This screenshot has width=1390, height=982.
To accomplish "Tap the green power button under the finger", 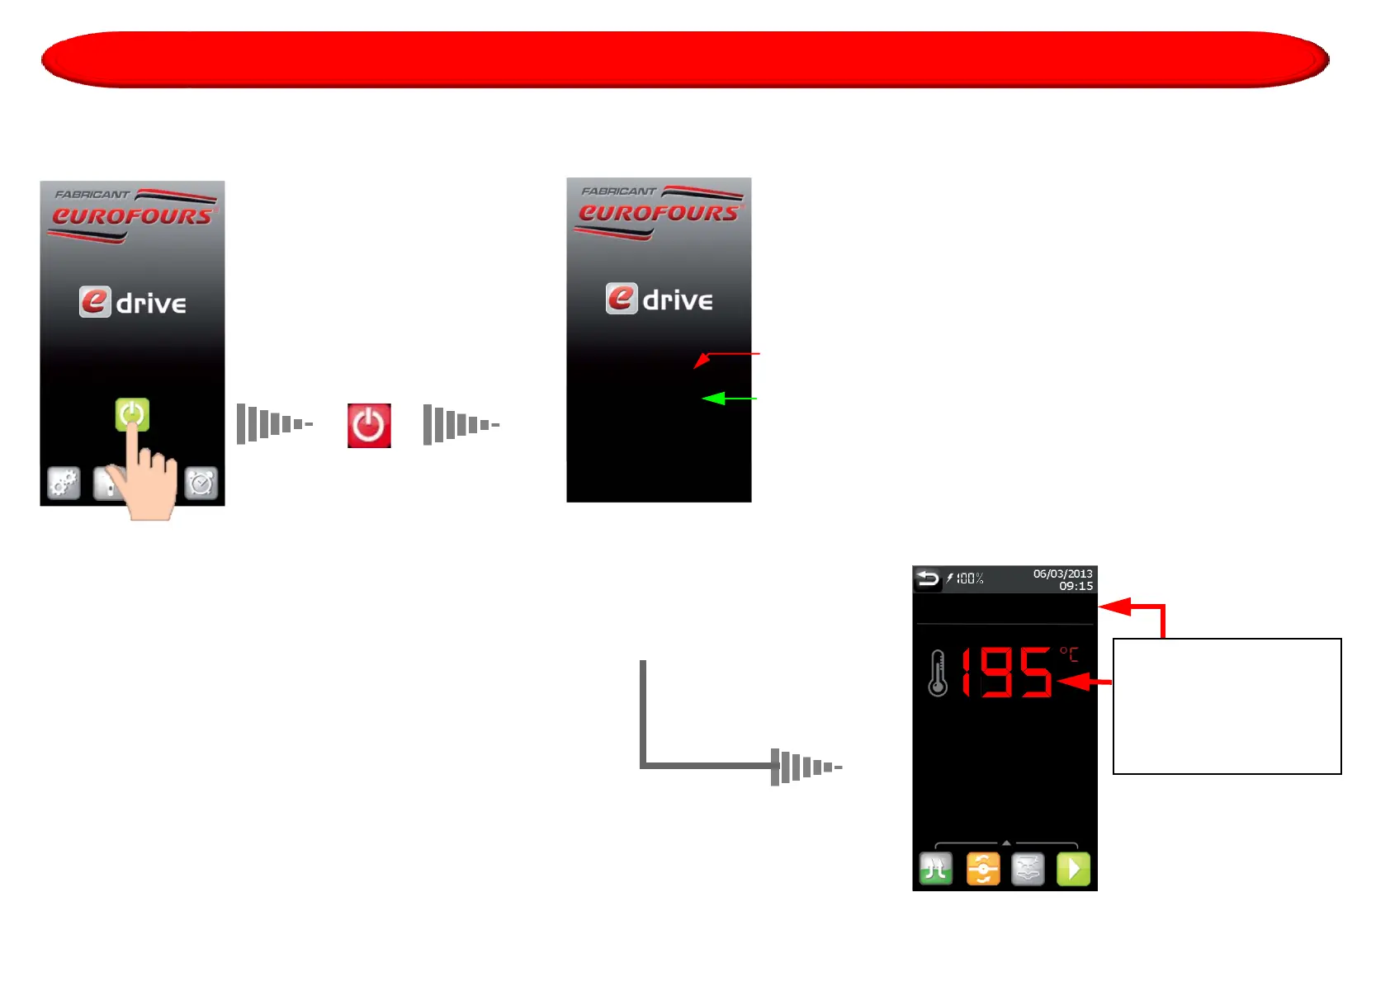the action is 132,413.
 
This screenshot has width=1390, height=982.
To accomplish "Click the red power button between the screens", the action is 369,426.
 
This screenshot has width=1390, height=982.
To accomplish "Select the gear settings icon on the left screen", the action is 64,483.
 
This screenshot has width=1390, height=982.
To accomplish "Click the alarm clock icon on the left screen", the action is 201,483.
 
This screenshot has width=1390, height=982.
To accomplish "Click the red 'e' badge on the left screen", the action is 95,302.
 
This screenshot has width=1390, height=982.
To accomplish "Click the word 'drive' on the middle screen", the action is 678,300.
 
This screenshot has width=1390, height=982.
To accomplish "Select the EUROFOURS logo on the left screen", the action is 132,217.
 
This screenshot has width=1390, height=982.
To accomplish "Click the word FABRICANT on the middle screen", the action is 618,191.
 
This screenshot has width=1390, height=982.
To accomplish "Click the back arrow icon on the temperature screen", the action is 928,578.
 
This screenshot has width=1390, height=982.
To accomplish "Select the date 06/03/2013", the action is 1062,574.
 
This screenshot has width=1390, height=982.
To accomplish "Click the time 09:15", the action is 1076,586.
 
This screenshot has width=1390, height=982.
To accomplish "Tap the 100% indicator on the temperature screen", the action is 969,578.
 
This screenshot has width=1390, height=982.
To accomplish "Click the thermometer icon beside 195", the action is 938,673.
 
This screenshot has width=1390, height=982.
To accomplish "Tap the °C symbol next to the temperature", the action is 1069,654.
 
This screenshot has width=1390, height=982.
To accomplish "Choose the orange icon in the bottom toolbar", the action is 983,869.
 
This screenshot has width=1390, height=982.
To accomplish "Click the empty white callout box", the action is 1227,706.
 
